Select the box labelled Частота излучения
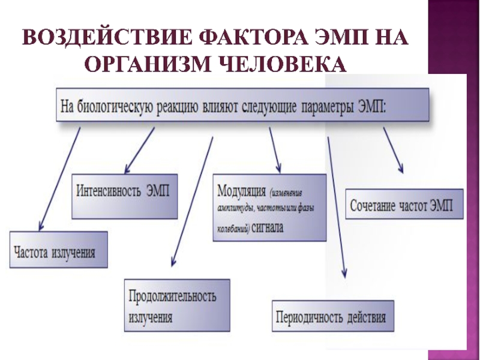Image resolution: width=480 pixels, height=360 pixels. [x=58, y=249]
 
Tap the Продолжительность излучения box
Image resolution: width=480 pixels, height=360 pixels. [x=176, y=305]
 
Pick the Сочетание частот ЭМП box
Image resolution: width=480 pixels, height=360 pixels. [x=406, y=205]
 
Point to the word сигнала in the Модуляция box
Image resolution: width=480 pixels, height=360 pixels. [x=269, y=228]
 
